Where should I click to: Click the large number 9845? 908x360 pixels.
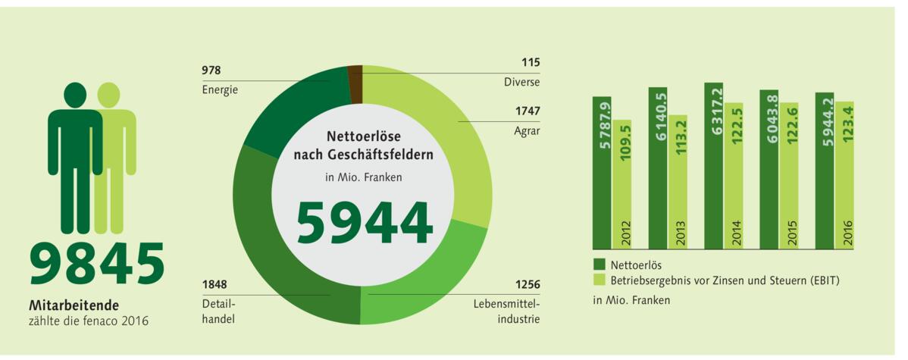click(x=97, y=264)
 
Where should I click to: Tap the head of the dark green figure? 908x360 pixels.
click(x=75, y=95)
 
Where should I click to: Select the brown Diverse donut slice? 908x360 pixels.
click(x=355, y=74)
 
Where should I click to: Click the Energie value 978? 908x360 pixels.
click(x=211, y=70)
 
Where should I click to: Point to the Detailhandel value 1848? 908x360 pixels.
click(x=214, y=285)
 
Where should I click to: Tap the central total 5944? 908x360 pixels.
click(x=364, y=222)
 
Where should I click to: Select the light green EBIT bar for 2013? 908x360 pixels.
click(x=677, y=182)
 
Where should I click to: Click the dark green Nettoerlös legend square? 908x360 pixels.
click(x=598, y=265)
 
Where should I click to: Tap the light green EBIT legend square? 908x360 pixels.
click(x=598, y=280)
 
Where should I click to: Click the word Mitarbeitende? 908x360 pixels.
click(x=74, y=305)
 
